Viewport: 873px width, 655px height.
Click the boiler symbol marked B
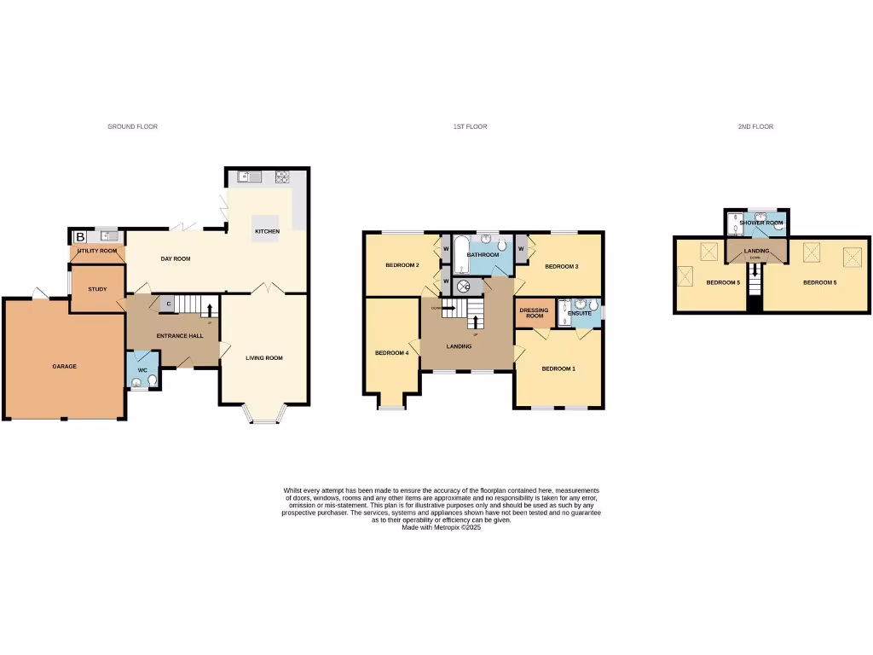tap(80, 236)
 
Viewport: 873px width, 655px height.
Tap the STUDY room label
tap(97, 289)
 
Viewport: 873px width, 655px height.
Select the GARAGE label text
tap(64, 366)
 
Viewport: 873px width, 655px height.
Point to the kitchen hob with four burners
tap(280, 177)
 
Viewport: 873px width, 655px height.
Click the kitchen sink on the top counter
tap(249, 177)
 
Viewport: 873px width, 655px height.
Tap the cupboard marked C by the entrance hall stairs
tap(168, 303)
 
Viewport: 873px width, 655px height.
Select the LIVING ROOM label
tap(264, 358)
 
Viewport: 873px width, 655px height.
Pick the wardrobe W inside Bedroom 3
tap(520, 248)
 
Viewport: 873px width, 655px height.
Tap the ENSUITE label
tap(581, 313)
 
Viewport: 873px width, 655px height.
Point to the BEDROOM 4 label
tap(391, 353)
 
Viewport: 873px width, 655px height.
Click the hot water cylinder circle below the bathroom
tap(465, 287)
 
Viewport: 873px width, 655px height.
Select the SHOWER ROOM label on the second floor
tap(761, 223)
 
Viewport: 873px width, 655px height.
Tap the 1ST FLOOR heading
tap(470, 126)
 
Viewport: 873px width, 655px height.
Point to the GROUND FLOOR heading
tap(132, 126)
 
